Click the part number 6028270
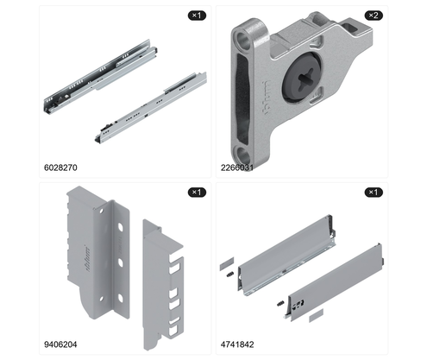click(60, 167)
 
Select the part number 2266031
click(237, 167)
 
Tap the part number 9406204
click(60, 344)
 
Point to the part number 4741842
click(237, 344)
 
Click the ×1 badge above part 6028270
click(197, 16)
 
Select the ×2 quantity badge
click(374, 16)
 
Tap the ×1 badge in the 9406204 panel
click(197, 193)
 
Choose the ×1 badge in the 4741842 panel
click(374, 193)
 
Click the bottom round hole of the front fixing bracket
click(243, 155)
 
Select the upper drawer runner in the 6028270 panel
click(98, 76)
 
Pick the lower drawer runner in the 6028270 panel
click(151, 107)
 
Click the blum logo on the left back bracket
click(87, 257)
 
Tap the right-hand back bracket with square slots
click(163, 284)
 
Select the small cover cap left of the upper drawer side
click(227, 263)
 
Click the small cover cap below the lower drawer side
click(316, 315)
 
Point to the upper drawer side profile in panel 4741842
click(286, 255)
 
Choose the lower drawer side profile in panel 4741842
click(336, 281)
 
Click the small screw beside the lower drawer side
click(280, 303)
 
